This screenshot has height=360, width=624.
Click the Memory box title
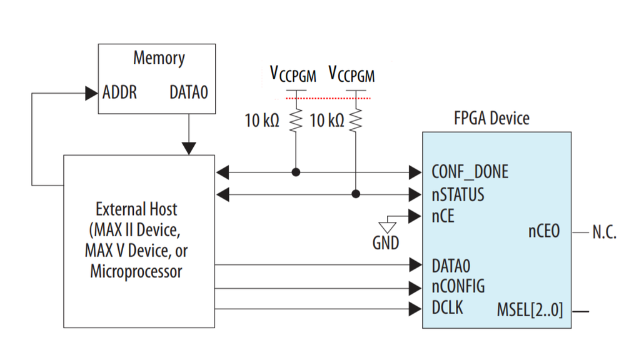click(x=159, y=59)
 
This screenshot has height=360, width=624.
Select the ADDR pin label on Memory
click(x=119, y=93)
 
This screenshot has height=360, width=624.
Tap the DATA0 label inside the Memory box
click(x=189, y=93)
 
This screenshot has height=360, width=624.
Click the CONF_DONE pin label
click(x=470, y=171)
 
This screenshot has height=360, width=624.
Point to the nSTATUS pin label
click(x=458, y=194)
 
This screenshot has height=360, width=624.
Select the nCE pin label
click(x=443, y=217)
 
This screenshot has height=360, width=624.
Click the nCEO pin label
click(x=544, y=232)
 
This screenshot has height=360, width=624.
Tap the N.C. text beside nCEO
click(x=604, y=232)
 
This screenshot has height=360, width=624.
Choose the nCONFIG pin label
click(x=458, y=286)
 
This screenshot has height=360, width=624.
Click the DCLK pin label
click(x=447, y=308)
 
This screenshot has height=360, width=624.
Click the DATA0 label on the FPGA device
click(x=450, y=264)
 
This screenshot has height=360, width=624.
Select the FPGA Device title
click(x=491, y=118)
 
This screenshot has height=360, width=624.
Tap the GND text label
click(x=385, y=242)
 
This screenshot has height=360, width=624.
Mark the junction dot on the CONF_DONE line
click(x=296, y=171)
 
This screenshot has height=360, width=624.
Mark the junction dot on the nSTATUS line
click(x=356, y=194)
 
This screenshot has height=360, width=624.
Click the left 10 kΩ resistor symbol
click(x=296, y=120)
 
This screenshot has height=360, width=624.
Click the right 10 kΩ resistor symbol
click(x=356, y=120)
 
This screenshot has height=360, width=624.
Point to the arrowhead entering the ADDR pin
click(x=92, y=94)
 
